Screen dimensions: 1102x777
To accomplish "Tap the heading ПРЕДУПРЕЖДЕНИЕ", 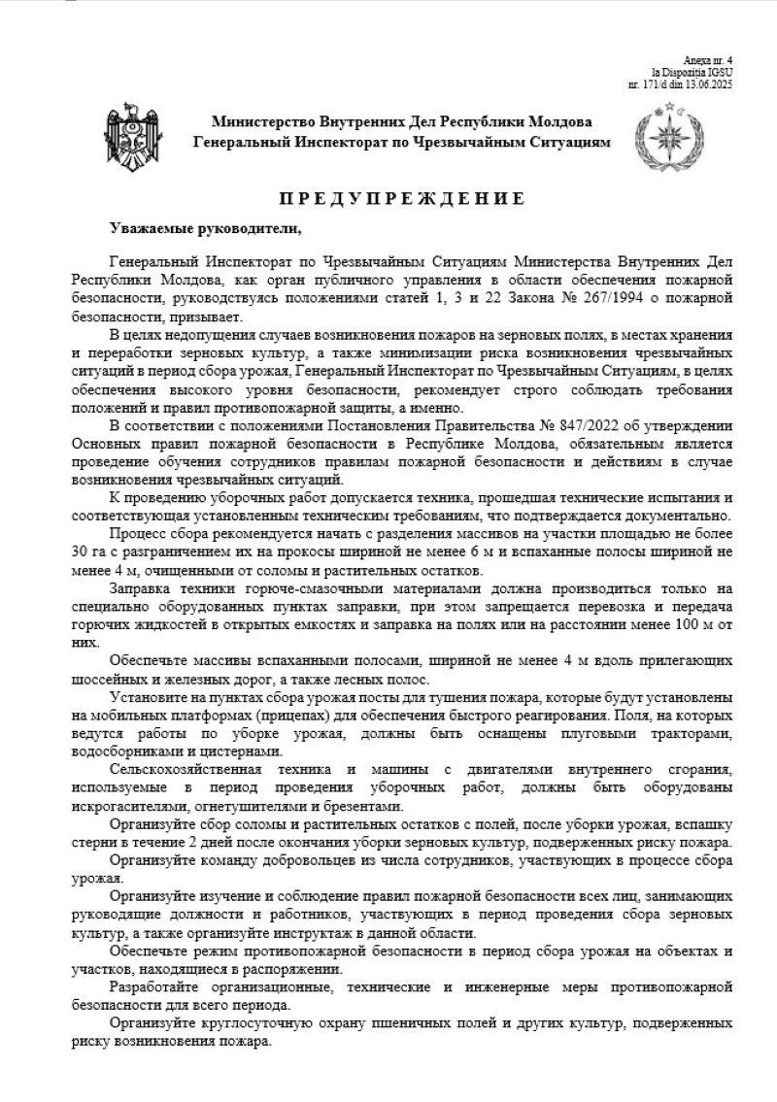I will point(402,199).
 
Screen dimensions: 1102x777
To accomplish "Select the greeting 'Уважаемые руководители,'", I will point(207,228).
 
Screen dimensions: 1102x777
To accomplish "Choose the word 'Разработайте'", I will point(156,986).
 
